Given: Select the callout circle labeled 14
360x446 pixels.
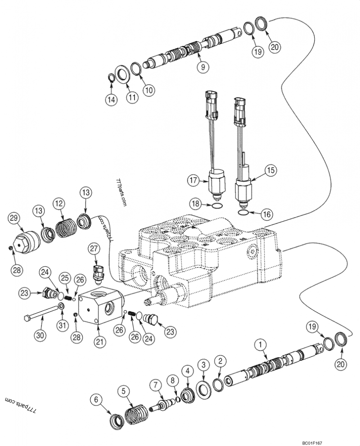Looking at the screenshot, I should point(112,100).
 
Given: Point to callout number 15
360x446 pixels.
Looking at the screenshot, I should point(270,170).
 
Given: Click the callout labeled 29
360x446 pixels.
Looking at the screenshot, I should point(15,218).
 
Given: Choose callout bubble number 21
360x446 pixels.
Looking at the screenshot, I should point(100,341).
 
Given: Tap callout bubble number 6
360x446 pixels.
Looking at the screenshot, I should point(96,399).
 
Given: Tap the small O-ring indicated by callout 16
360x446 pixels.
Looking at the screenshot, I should point(243,212).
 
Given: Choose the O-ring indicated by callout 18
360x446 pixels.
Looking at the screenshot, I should point(216,205).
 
